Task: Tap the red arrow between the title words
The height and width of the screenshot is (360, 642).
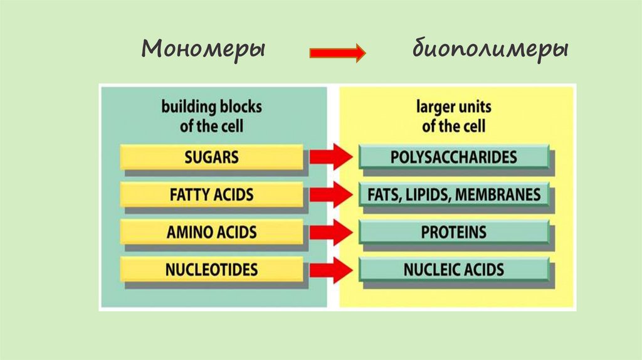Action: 337,53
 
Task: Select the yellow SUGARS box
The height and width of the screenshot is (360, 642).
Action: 211,156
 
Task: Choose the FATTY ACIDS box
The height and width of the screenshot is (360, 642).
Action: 211,194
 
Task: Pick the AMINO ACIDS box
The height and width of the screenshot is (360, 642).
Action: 211,232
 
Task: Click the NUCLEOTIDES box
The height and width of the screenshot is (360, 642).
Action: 211,270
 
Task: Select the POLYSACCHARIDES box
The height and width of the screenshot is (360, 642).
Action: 454,156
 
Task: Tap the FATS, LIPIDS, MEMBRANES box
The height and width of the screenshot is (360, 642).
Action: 454,194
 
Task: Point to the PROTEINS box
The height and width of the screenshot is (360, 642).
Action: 454,232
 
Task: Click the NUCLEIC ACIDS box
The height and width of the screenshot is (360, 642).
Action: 454,270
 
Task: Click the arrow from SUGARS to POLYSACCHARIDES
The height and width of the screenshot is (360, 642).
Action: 330,157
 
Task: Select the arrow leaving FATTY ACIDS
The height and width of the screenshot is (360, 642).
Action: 330,195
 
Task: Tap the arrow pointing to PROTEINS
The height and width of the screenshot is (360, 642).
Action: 330,233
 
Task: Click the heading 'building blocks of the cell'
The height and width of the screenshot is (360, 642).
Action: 211,115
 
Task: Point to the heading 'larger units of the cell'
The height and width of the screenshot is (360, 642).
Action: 453,115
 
